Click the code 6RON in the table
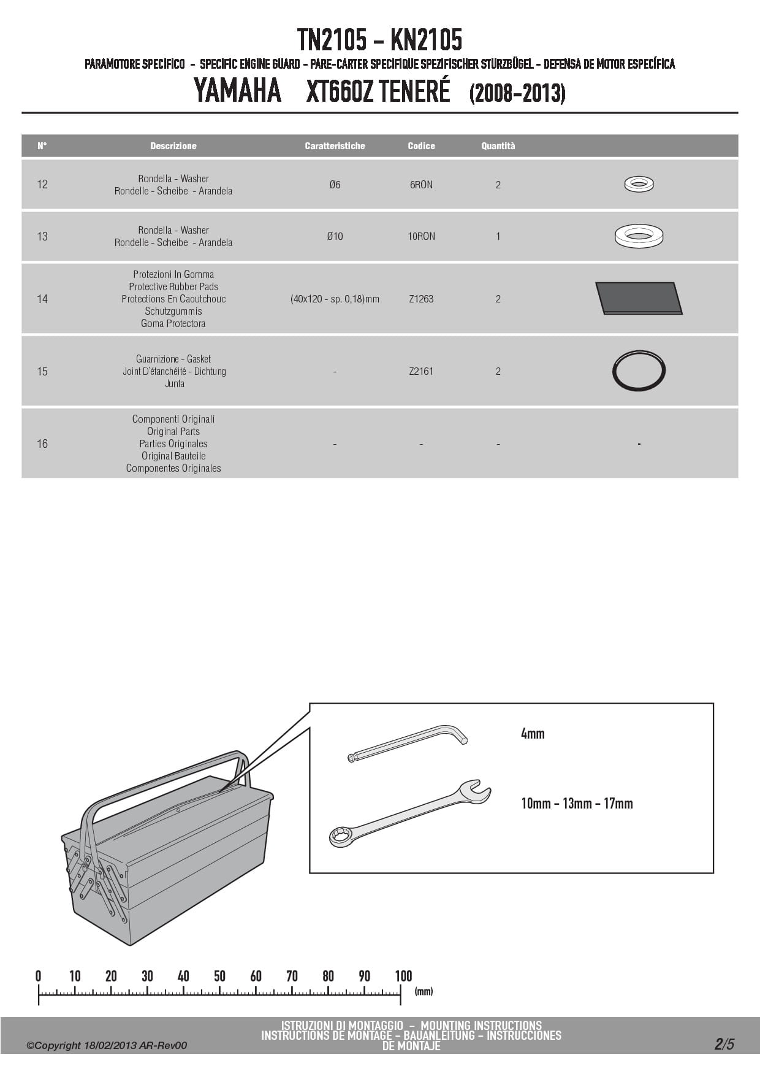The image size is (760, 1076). [421, 185]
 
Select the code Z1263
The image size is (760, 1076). [421, 299]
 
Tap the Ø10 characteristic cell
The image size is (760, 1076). [335, 236]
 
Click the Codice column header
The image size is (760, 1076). [421, 146]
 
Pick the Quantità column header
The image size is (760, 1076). [498, 146]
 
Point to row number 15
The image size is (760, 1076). [42, 371]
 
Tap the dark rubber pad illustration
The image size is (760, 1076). [639, 298]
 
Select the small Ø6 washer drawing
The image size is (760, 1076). [639, 183]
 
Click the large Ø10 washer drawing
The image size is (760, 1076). [639, 236]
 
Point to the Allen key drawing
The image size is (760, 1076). [408, 742]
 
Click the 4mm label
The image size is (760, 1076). [533, 734]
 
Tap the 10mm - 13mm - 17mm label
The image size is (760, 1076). [577, 804]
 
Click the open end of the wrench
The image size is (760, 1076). [475, 792]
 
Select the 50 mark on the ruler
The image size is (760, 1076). [219, 976]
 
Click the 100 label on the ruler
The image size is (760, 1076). [403, 976]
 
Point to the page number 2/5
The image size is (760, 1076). [724, 1044]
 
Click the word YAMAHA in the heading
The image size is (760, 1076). [237, 91]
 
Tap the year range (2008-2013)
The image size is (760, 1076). [517, 93]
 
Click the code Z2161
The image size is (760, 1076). [421, 371]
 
